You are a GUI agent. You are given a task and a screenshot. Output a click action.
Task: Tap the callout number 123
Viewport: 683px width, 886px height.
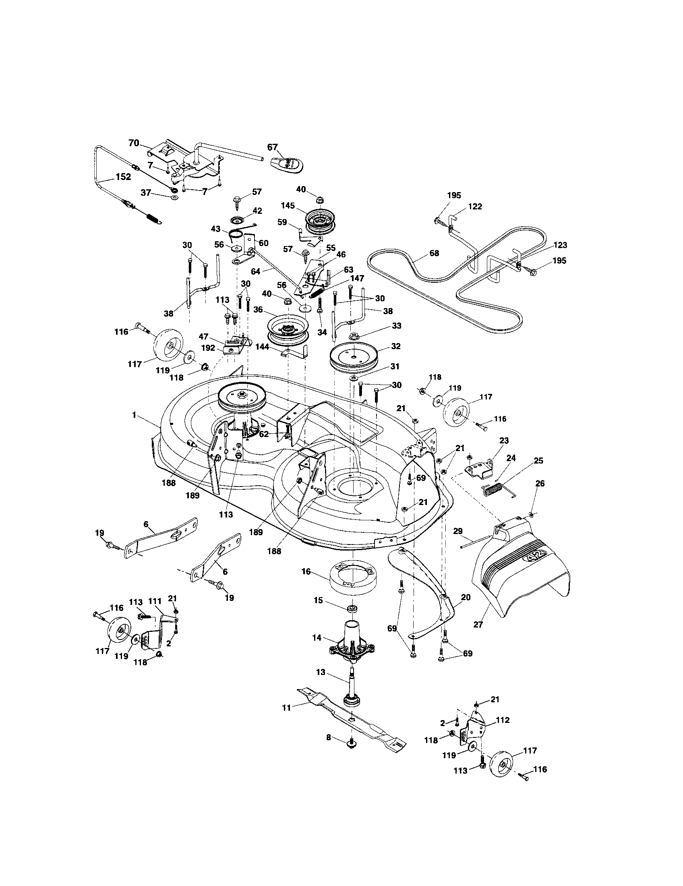pos(560,245)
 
